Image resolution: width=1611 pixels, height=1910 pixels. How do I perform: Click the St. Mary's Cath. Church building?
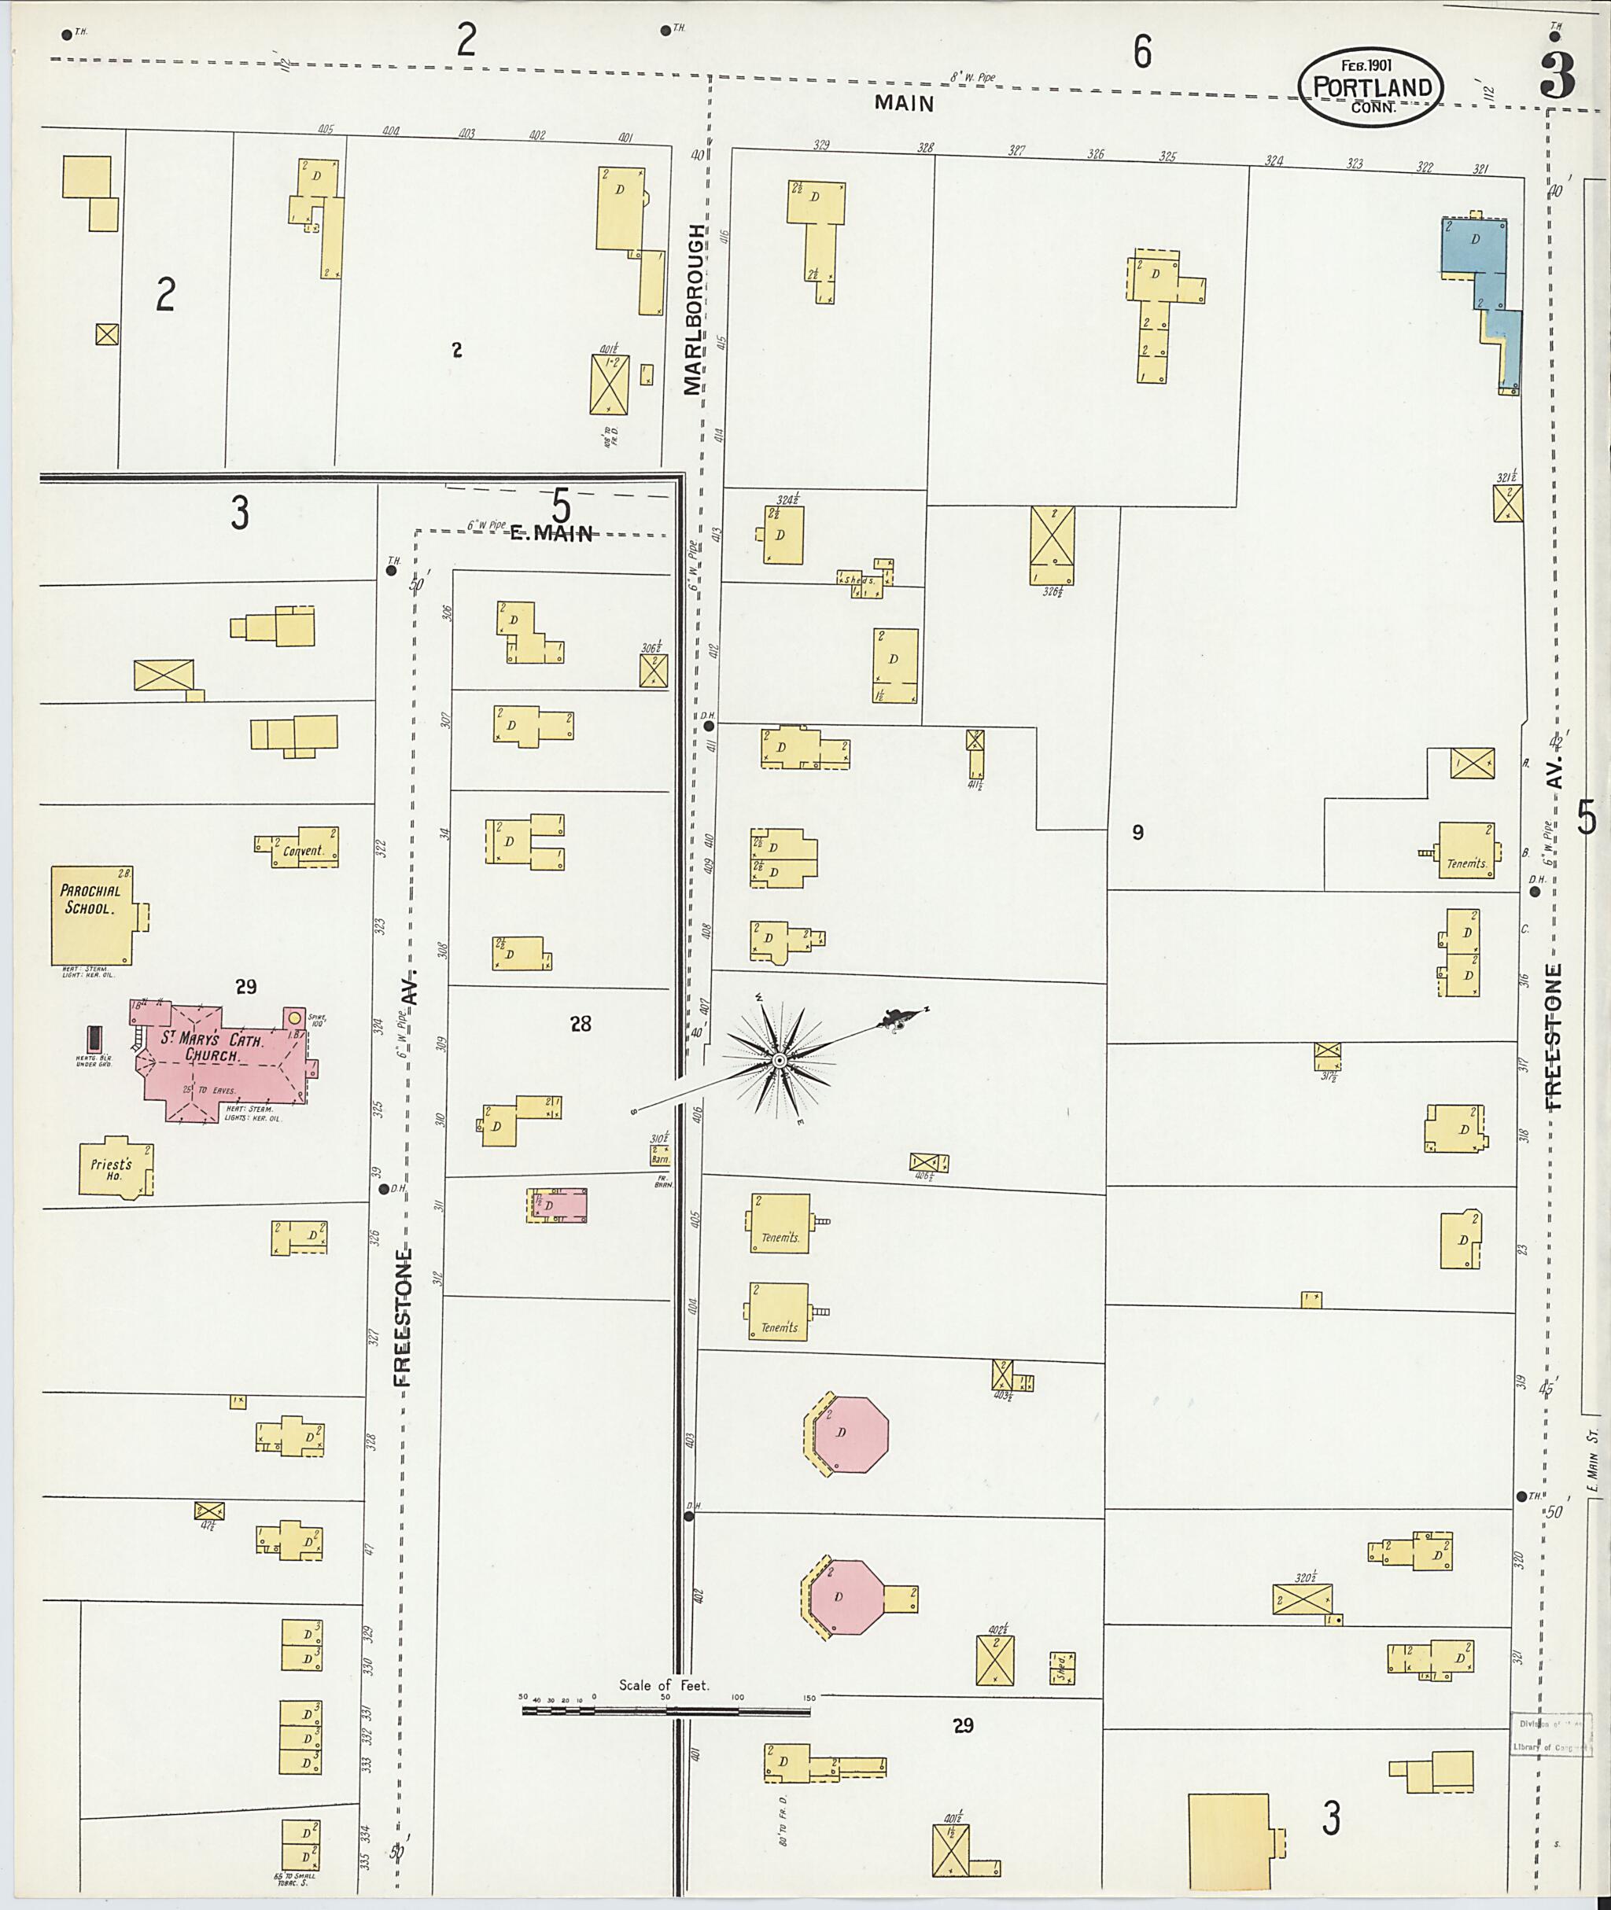pos(223,1059)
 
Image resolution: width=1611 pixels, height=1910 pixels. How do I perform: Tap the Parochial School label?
pos(87,900)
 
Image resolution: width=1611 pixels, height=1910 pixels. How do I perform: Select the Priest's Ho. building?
pos(114,1168)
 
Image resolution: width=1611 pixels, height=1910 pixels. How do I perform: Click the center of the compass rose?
pos(779,1060)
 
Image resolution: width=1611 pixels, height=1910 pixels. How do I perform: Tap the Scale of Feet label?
pos(663,1685)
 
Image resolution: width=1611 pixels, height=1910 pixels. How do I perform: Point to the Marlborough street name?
pos(695,311)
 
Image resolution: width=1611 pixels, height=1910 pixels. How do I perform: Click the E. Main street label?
pos(551,534)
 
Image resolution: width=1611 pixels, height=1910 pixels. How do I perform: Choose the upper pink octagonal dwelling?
pos(850,1433)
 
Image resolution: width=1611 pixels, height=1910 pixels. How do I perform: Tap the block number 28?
pos(581,1025)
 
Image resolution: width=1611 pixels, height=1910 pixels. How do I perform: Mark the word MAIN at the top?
pos(904,103)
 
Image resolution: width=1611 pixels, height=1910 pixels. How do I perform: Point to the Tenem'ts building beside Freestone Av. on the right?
pos(1465,851)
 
